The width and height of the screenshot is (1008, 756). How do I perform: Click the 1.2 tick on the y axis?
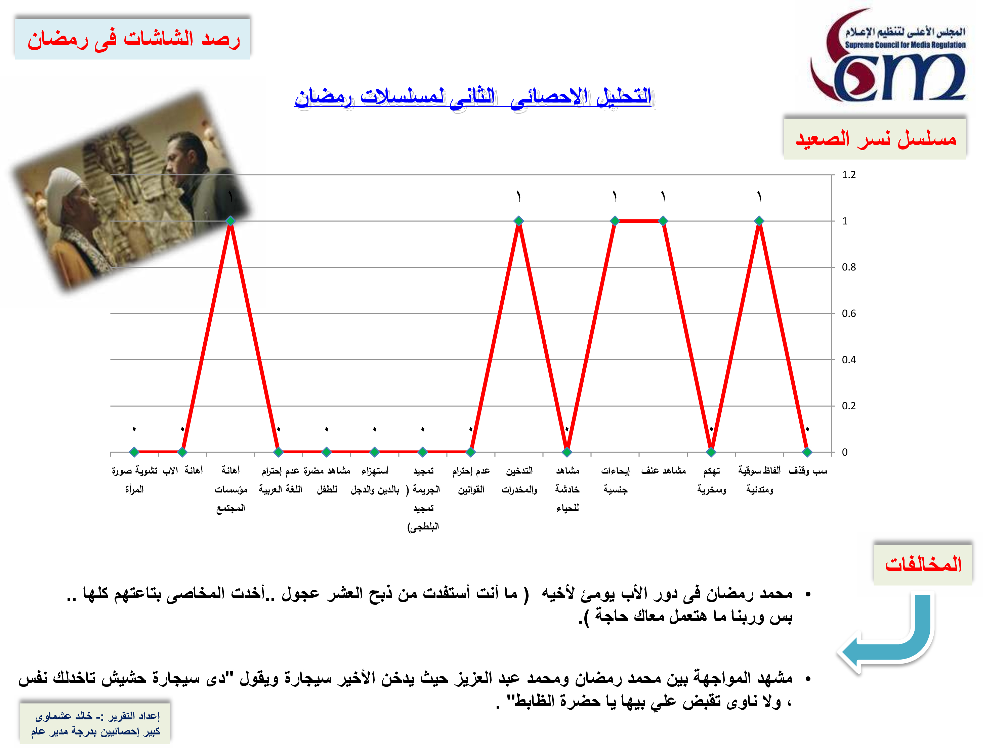pos(848,175)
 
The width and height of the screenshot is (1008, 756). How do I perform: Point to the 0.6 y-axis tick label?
pos(848,313)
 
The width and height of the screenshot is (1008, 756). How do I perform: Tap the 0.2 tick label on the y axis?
pos(848,406)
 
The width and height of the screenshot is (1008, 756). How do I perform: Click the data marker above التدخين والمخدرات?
pos(518,221)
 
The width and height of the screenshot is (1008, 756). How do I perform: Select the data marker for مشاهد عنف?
pos(663,221)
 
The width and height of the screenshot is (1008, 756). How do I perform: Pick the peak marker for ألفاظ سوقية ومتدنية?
pos(759,221)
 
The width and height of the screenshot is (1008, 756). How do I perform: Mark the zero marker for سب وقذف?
pos(807,452)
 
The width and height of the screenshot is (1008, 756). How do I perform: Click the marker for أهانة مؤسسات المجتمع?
pos(230,221)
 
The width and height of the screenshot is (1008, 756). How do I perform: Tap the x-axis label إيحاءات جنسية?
pos(615,480)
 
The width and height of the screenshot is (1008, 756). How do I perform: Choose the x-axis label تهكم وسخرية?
pos(711,480)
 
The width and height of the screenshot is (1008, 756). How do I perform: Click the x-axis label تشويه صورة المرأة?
pos(134,480)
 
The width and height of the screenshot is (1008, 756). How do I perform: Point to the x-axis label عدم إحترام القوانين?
pos(471,480)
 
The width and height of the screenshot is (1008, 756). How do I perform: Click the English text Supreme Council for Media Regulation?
pos(905,45)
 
